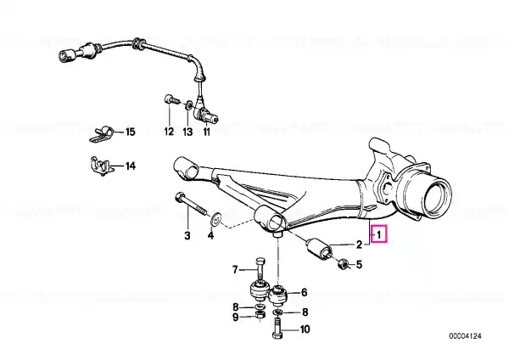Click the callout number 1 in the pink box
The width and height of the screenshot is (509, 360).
click(378, 233)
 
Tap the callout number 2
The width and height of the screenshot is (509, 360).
click(359, 244)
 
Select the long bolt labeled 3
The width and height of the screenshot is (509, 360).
click(191, 205)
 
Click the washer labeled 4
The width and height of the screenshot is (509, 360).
click(215, 219)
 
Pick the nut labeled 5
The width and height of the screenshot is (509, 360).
click(343, 264)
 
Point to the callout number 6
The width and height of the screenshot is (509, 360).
click(304, 292)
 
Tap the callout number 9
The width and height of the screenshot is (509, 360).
click(236, 317)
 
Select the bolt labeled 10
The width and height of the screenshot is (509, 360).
click(277, 329)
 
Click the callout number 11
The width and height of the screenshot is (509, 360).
click(207, 132)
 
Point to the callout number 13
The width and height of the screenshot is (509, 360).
click(188, 132)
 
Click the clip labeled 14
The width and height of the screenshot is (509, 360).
click(101, 166)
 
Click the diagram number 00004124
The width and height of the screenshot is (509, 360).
click(465, 335)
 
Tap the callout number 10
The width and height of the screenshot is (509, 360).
click(305, 329)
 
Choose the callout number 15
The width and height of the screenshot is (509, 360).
click(130, 132)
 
